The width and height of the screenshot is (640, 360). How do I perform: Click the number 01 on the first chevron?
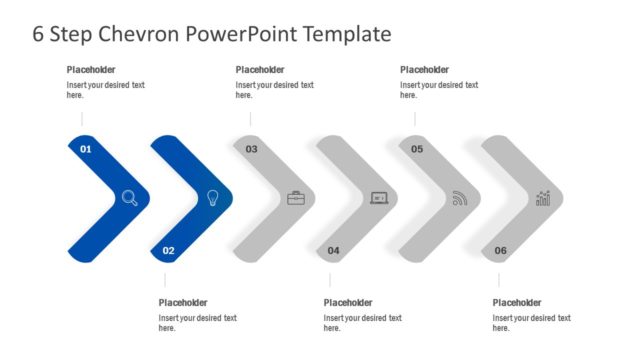[86, 149]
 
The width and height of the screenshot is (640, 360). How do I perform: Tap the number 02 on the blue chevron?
[168, 250]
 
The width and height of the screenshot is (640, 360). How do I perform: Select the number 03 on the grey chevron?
[251, 149]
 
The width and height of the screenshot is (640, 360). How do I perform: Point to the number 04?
[333, 250]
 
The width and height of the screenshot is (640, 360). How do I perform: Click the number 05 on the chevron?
[417, 149]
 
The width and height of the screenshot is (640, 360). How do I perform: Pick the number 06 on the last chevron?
[500, 250]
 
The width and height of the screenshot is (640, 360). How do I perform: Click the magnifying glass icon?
[130, 198]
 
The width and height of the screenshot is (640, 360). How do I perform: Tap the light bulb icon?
[212, 198]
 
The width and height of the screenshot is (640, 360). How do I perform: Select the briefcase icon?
[296, 198]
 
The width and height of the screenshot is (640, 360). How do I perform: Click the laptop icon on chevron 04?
[379, 198]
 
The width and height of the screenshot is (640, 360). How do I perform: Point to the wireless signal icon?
[460, 198]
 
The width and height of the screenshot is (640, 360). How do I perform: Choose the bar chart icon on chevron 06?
[543, 198]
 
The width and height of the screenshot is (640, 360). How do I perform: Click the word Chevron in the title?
[136, 34]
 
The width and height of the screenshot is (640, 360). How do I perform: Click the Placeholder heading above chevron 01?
[91, 70]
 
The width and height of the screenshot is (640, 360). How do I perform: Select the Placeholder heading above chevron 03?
[260, 70]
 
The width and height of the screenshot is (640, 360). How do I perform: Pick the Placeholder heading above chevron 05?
[425, 70]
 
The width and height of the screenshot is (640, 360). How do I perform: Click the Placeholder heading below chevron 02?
[183, 303]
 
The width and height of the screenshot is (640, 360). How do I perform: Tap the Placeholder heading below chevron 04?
[348, 303]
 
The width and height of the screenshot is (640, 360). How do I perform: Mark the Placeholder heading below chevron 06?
[517, 303]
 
